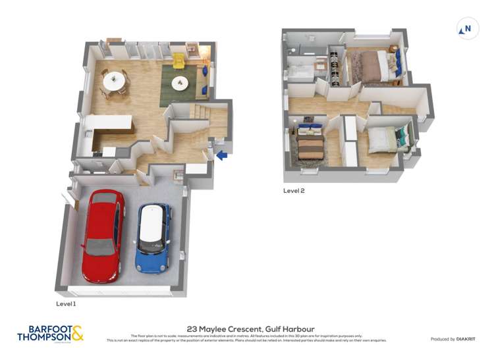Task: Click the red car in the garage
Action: pos(102,236)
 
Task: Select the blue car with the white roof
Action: pos(152,238)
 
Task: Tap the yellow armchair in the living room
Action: pos(178,61)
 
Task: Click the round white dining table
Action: pos(114,80)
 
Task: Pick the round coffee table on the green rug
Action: pos(180,84)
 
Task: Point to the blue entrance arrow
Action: pos(222,155)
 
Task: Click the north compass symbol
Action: pos(466,28)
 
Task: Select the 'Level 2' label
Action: pos(294,191)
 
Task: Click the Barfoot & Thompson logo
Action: pos(50,333)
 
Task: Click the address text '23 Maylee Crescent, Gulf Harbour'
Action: pos(246,328)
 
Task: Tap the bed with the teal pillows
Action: pos(385,140)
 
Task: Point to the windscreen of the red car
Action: pos(101,247)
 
